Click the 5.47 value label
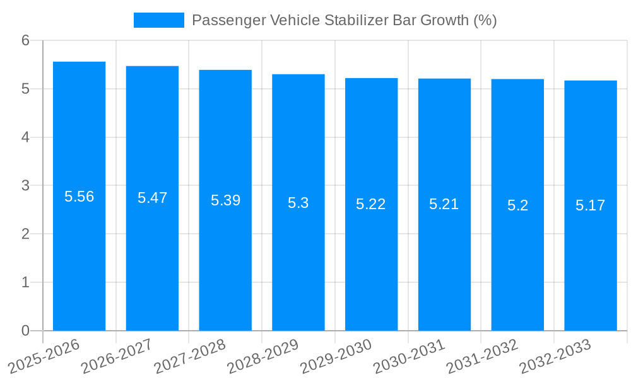(152, 198)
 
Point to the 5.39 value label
(225, 200)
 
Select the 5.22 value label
(371, 204)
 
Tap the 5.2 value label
(517, 205)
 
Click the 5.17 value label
(591, 205)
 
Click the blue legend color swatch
(158, 20)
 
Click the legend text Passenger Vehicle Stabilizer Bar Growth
(344, 20)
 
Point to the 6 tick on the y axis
(25, 40)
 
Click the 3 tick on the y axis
(25, 186)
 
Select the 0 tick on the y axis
(25, 331)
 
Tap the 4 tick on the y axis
(25, 137)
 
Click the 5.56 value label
(79, 197)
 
